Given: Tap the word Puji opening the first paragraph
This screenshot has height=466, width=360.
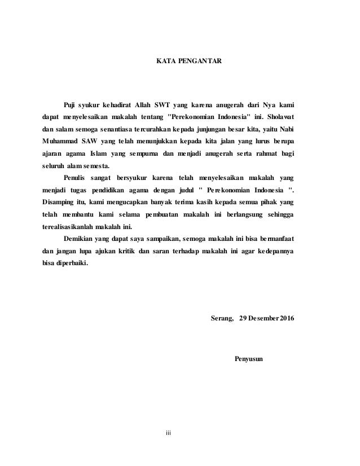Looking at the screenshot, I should click(70, 104).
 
